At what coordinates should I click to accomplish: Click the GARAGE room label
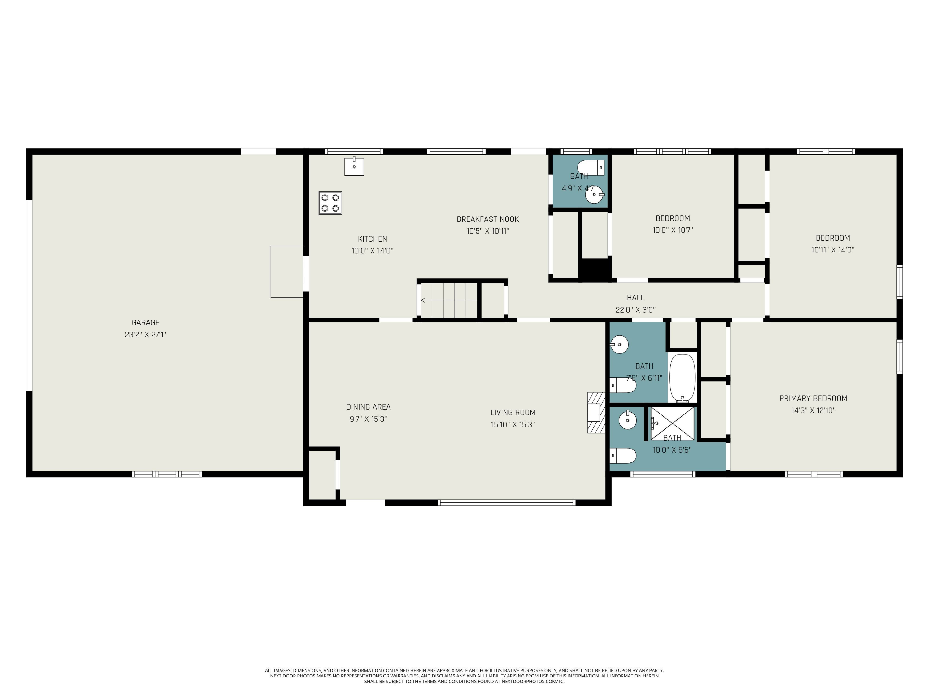pyautogui.click(x=145, y=323)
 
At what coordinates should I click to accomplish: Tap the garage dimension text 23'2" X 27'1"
pyautogui.click(x=145, y=335)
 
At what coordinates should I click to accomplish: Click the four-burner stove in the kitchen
pyautogui.click(x=330, y=203)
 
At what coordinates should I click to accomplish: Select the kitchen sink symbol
pyautogui.click(x=354, y=166)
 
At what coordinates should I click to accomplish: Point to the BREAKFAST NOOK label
pyautogui.click(x=488, y=219)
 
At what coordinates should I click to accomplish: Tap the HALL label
pyautogui.click(x=635, y=298)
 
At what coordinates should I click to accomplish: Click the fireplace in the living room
pyautogui.click(x=596, y=413)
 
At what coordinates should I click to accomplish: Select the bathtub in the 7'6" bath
pyautogui.click(x=682, y=378)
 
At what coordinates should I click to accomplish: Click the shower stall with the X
pyautogui.click(x=672, y=423)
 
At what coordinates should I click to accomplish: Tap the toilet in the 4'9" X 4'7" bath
pyautogui.click(x=591, y=167)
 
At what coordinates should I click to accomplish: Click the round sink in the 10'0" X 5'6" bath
pyautogui.click(x=627, y=420)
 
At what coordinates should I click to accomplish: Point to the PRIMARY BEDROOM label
pyautogui.click(x=813, y=398)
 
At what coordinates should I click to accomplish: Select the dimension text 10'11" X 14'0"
pyautogui.click(x=832, y=250)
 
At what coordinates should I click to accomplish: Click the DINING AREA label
pyautogui.click(x=368, y=407)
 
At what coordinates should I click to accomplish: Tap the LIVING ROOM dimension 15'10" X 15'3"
pyautogui.click(x=513, y=425)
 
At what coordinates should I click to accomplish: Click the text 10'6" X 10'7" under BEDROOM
pyautogui.click(x=672, y=230)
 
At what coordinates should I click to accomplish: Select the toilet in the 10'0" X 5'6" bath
pyautogui.click(x=623, y=455)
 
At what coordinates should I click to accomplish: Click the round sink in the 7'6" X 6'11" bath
pyautogui.click(x=619, y=344)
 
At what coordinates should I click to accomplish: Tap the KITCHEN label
pyautogui.click(x=372, y=239)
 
